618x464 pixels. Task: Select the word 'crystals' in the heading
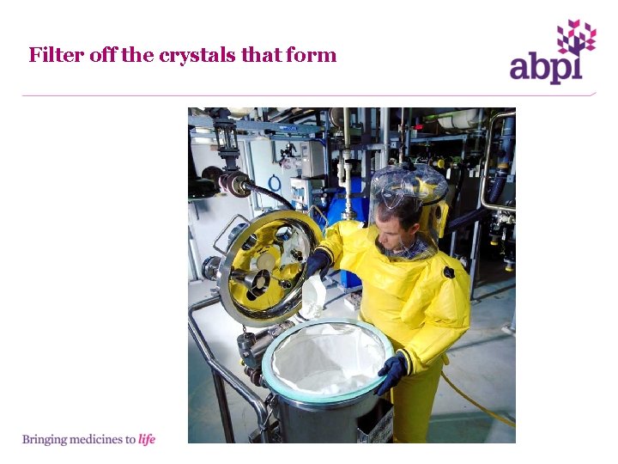coord(196,56)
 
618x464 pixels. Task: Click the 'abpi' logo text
coord(545,66)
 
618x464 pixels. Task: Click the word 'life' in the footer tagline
coord(147,439)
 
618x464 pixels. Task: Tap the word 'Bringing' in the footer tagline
coord(43,439)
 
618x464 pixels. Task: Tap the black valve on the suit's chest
coord(448,272)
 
